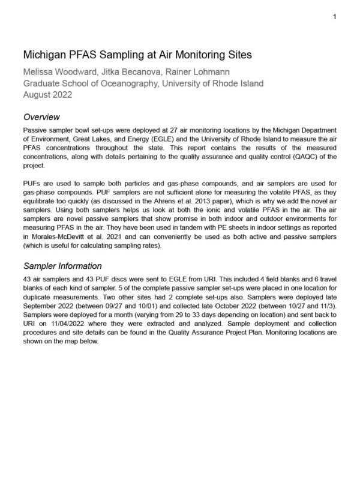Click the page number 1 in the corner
pos(334,16)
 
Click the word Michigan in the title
pos(44,55)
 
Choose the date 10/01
pos(146,306)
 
